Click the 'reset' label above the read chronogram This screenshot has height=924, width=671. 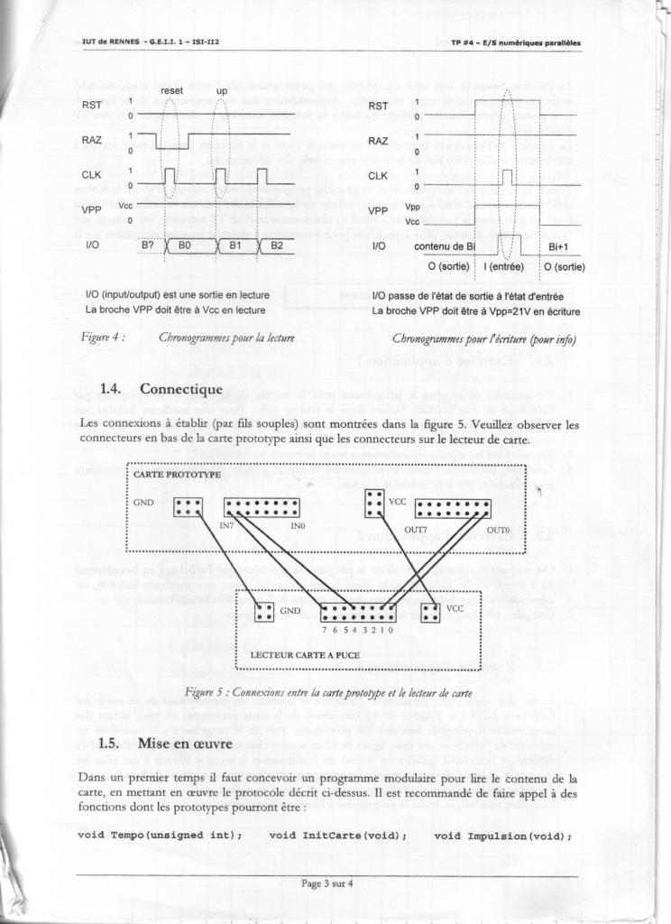pos(172,91)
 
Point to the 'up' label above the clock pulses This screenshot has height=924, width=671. pos(221,91)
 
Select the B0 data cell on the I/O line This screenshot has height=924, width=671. pos(185,245)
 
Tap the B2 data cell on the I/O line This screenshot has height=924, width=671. pos(276,245)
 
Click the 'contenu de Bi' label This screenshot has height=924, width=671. pos(445,245)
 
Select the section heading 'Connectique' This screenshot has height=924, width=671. pos(180,389)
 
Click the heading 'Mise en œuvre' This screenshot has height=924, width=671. pos(185,744)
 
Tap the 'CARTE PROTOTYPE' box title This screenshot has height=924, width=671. pos(177,474)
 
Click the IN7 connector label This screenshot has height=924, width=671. pos(227,524)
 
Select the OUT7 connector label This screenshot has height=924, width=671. pos(416,529)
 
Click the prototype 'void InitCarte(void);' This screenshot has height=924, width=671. pos(337,836)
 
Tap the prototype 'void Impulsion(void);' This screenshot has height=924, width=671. pos(503,836)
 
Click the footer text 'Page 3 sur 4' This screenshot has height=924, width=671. pos(327,883)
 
